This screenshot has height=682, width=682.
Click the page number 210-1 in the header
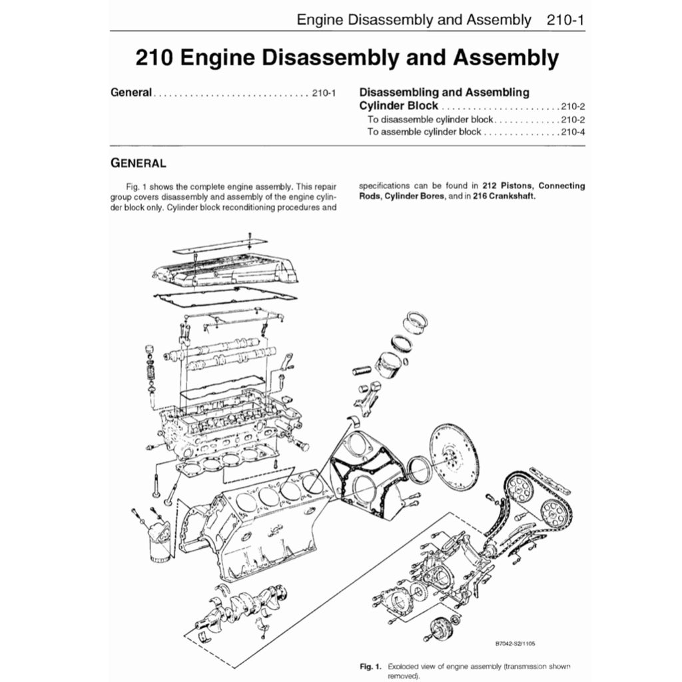565,19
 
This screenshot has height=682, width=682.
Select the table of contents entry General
131,93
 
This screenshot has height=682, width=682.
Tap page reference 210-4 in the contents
572,132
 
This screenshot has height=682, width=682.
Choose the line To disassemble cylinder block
430,119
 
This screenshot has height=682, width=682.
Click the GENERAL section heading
138,162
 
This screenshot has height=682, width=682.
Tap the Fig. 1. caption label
370,665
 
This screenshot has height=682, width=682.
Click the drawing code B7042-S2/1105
515,643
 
